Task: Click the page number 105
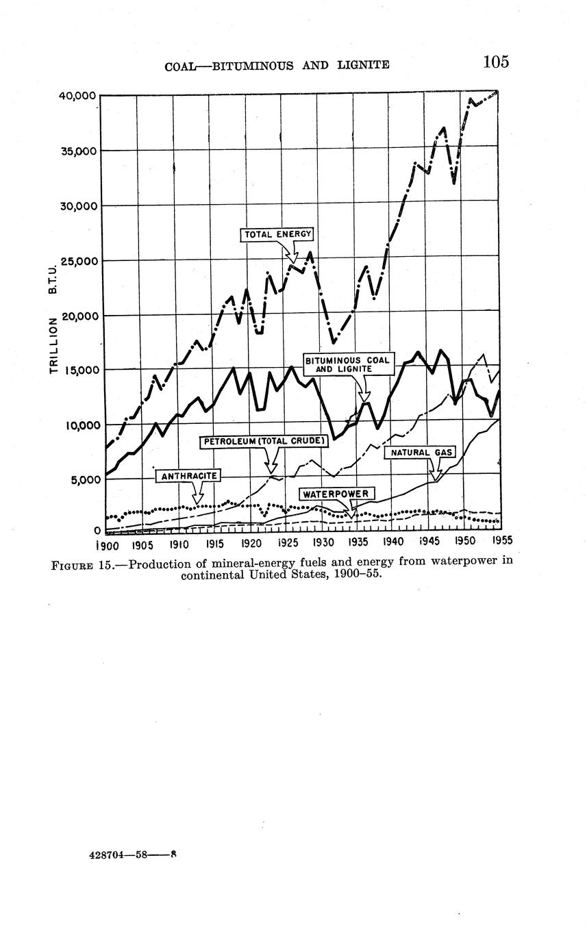[x=496, y=62]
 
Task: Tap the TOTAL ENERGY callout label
[x=278, y=234]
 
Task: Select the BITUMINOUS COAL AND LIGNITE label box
[x=348, y=364]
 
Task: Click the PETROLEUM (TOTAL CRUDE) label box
[x=265, y=442]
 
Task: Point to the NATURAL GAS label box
[x=420, y=453]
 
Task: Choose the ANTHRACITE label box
[x=188, y=475]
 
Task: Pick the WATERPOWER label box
[x=336, y=494]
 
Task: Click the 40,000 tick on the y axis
[x=77, y=95]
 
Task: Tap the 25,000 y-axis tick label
[x=77, y=261]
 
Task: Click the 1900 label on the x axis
[x=107, y=545]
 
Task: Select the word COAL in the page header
[x=179, y=66]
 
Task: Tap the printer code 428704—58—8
[x=134, y=855]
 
